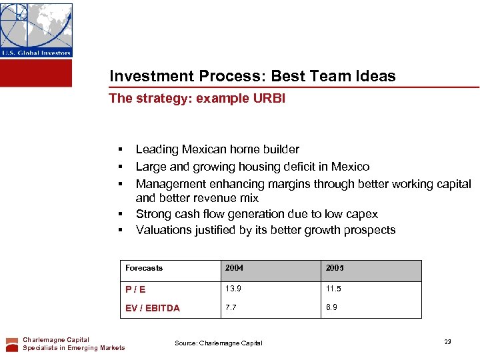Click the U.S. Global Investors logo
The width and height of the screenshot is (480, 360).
pyautogui.click(x=36, y=30)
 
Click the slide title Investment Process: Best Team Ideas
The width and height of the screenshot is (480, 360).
pyautogui.click(x=252, y=76)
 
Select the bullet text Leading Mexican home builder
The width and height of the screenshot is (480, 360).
pyautogui.click(x=217, y=149)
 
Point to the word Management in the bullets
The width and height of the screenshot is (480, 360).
pyautogui.click(x=167, y=183)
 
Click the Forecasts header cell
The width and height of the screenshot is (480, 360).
pyautogui.click(x=144, y=268)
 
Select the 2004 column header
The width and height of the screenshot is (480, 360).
pyautogui.click(x=234, y=268)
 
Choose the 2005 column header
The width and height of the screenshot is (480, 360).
pyautogui.click(x=335, y=268)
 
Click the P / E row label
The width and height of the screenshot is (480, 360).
pyautogui.click(x=135, y=289)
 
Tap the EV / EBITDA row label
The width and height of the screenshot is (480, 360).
pyautogui.click(x=153, y=308)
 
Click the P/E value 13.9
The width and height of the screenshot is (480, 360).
pyautogui.click(x=233, y=289)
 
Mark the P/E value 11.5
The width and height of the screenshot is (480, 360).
pyautogui.click(x=334, y=289)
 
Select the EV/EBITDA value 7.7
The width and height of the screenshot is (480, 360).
pyautogui.click(x=231, y=307)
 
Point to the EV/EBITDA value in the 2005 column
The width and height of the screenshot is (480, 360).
pyautogui.click(x=332, y=307)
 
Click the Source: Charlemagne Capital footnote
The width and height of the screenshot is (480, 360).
pyautogui.click(x=219, y=343)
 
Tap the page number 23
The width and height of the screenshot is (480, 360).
pyautogui.click(x=448, y=341)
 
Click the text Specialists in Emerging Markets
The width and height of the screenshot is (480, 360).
pyautogui.click(x=74, y=347)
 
